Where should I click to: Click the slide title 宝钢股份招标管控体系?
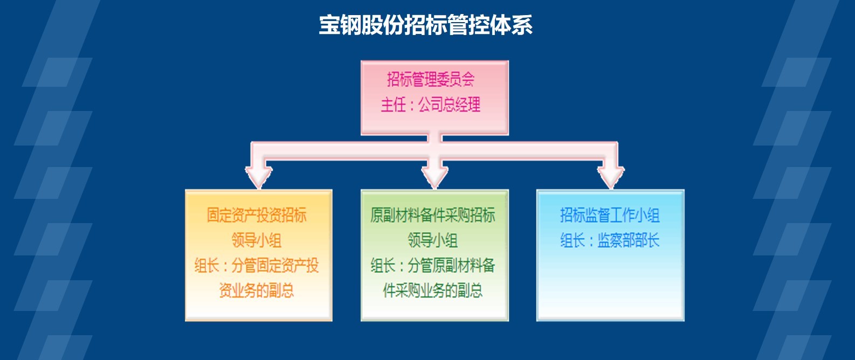click(x=425, y=25)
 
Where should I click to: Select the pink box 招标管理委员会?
click(x=435, y=98)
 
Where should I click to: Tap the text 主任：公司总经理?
click(x=431, y=105)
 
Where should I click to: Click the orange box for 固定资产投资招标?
click(x=259, y=255)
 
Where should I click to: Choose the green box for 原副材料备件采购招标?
click(x=435, y=255)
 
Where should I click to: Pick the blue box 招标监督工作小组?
click(x=610, y=255)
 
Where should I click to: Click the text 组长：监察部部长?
click(x=610, y=240)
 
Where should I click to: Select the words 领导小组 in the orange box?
click(x=257, y=240)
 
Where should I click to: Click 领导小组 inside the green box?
click(x=432, y=240)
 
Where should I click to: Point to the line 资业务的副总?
click(x=257, y=290)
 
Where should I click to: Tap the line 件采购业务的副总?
click(x=432, y=290)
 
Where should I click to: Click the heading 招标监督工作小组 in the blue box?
click(x=610, y=216)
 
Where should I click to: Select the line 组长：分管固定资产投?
click(x=257, y=266)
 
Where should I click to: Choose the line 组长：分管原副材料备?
click(x=432, y=266)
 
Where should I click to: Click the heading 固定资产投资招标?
click(x=257, y=216)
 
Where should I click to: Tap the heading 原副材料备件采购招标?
click(x=432, y=216)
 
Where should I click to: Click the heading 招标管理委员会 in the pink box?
click(x=431, y=79)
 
